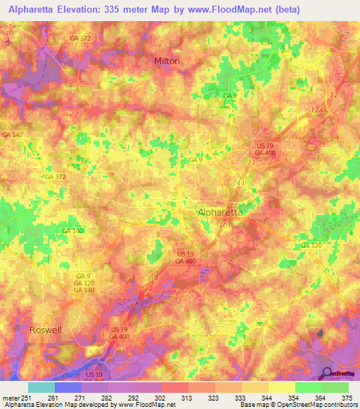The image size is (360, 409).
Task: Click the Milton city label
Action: coord(167,61)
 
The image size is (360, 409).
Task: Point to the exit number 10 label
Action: coord(223,225)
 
